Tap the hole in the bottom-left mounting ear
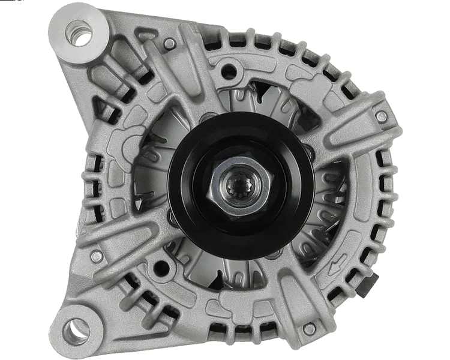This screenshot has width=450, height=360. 74,329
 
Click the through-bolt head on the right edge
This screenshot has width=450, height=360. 381,117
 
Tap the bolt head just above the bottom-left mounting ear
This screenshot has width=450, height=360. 96,256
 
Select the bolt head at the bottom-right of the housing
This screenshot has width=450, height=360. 308,329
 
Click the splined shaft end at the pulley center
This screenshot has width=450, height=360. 240,179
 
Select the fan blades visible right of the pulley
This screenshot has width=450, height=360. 327,192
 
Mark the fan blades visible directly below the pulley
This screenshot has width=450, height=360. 240,270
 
